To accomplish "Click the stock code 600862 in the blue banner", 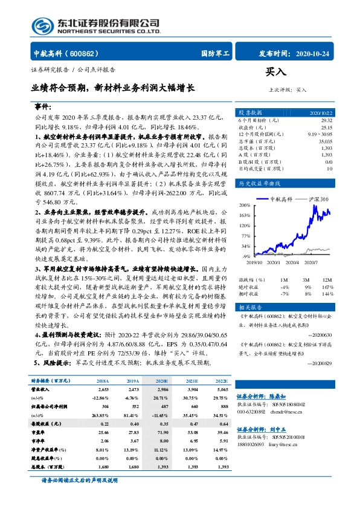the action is (89, 53).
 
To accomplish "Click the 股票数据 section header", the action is (249, 113).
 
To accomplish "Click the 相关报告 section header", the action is (249, 308).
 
